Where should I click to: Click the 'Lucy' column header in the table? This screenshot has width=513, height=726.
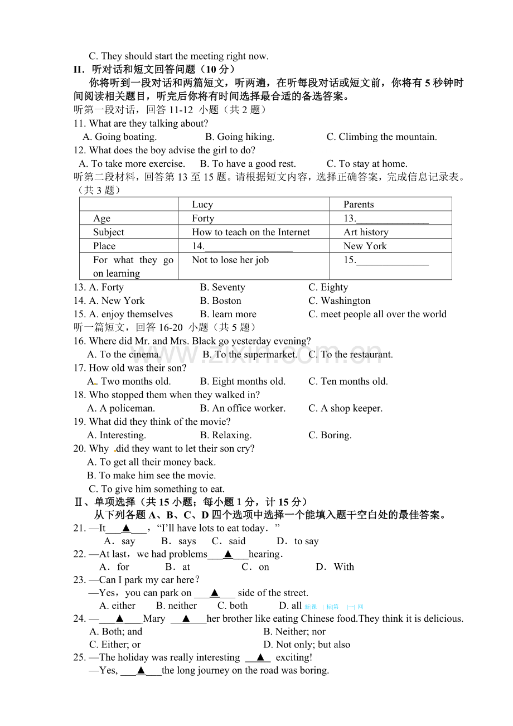(202, 205)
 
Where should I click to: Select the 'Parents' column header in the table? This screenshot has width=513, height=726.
(359, 205)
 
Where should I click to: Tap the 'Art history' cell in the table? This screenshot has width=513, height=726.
(366, 232)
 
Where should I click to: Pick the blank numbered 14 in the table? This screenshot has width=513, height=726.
(243, 246)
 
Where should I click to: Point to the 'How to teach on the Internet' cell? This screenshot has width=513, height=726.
(251, 232)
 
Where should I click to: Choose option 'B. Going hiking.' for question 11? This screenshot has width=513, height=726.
(240, 137)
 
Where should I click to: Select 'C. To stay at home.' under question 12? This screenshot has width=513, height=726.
(367, 163)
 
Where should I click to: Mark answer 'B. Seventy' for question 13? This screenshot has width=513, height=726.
(222, 287)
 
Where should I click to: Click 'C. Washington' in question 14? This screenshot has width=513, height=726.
(339, 301)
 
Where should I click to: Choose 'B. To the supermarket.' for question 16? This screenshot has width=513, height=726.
(250, 354)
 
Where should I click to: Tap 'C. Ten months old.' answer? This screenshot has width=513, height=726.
(348, 381)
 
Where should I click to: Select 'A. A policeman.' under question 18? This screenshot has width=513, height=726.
(121, 408)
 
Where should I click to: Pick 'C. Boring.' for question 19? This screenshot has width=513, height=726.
(330, 435)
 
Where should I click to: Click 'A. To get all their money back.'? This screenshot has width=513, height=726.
(151, 462)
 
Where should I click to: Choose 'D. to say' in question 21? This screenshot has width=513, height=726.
(298, 541)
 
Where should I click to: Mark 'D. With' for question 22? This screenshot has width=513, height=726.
(335, 567)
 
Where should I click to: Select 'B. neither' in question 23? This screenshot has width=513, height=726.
(176, 606)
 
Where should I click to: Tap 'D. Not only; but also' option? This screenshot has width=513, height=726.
(307, 645)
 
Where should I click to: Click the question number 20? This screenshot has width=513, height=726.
(79, 448)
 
